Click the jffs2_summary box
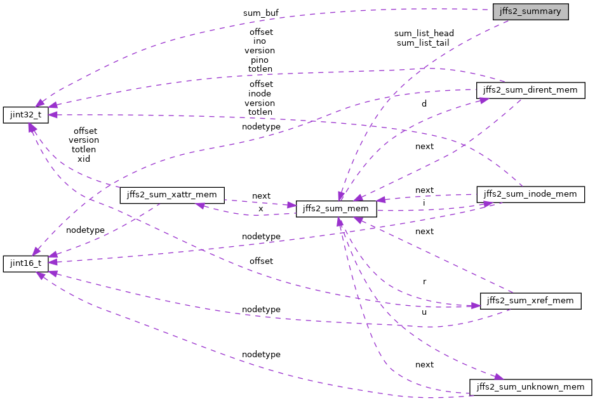point(530,12)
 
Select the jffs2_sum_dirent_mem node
point(530,90)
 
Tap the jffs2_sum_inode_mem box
point(530,194)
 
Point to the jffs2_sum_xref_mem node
point(530,300)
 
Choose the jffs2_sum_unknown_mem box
point(530,386)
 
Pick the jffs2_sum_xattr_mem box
point(172,195)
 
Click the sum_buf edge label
point(260,13)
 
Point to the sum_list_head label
point(424,33)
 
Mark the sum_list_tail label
point(423,43)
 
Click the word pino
point(260,59)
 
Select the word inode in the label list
point(260,93)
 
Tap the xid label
point(84,159)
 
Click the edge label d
point(424,103)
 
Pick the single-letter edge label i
point(424,202)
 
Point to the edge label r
point(424,280)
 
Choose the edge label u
point(424,312)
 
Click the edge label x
point(260,208)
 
